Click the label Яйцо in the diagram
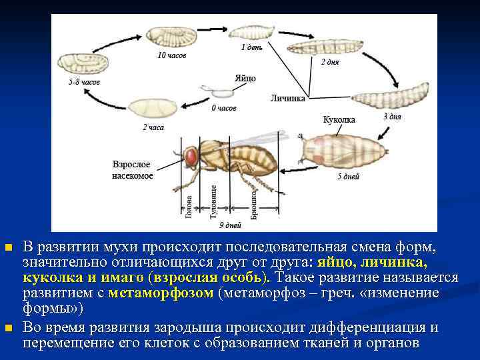click(245, 78)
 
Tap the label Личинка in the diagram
click(288, 98)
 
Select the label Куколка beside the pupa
click(339, 119)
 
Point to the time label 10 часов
click(171, 55)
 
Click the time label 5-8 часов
click(84, 82)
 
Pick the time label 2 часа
click(153, 127)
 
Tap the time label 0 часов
click(224, 108)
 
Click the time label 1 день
click(251, 47)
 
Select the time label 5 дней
click(348, 177)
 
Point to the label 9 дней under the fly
click(230, 225)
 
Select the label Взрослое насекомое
click(132, 170)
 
